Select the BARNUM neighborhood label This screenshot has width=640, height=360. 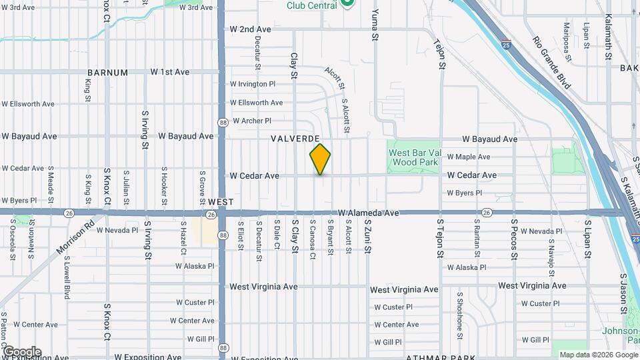(107, 73)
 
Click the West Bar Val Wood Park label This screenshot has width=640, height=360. (413, 157)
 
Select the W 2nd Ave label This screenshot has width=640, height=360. (250, 29)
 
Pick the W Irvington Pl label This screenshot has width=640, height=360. (252, 84)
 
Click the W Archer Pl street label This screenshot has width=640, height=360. (250, 121)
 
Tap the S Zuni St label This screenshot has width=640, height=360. (366, 237)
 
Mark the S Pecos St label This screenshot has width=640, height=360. (514, 237)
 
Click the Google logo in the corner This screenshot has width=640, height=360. (22, 351)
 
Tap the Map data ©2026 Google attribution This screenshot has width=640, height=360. (598, 355)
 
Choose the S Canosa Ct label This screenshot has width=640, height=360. (312, 236)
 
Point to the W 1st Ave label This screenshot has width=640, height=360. (170, 72)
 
